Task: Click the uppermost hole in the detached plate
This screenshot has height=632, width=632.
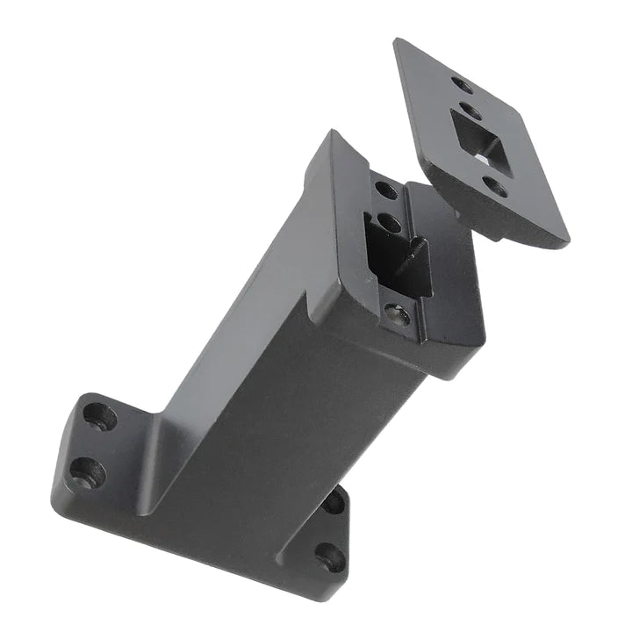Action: (462, 85)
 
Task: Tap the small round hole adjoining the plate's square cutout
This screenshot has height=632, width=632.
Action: (471, 112)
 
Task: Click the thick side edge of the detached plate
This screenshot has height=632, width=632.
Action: (492, 219)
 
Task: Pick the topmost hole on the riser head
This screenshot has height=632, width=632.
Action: (385, 188)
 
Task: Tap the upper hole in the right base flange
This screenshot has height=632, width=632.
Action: (334, 503)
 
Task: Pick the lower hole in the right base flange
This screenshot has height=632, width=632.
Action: (330, 556)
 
